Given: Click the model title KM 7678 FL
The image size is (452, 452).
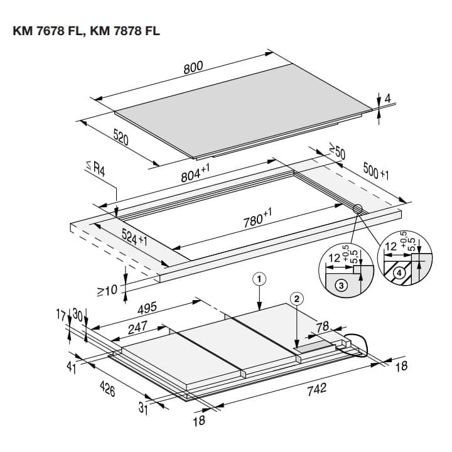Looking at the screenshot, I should tap(49, 31).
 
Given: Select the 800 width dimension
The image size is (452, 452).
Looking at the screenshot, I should tap(193, 68).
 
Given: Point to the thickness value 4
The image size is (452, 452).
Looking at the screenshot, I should tap(388, 99).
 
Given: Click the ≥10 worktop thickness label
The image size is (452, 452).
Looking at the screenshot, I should tap(107, 290).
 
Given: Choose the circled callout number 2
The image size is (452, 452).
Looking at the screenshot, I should tap(297, 299).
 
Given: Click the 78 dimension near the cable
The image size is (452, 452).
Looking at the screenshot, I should tap(322, 326).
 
